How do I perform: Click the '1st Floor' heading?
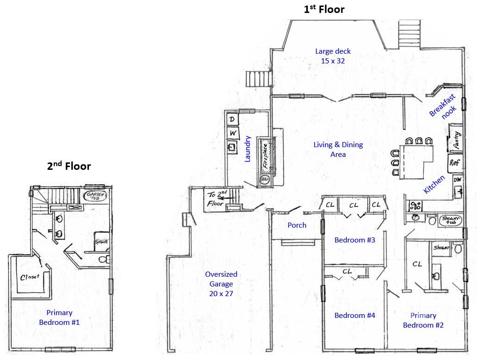point(324,9)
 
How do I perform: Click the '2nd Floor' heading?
point(69,166)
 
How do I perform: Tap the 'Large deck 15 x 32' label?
point(333,56)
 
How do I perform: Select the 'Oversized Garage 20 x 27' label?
point(221,284)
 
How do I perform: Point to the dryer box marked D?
point(232,120)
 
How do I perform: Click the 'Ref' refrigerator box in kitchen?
point(455,162)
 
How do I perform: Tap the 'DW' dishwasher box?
point(457,180)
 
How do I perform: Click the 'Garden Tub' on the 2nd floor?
point(96,196)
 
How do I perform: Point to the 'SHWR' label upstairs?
point(100,242)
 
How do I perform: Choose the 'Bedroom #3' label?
point(355,240)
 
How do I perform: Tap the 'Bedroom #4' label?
point(355,315)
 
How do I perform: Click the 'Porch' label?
point(297,225)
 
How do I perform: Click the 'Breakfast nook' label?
point(443,107)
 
